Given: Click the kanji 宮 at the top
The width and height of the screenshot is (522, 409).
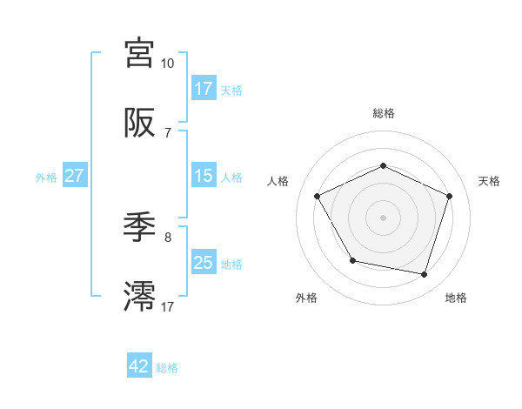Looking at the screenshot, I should click(140, 53).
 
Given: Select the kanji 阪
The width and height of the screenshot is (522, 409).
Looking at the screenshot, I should click(140, 124).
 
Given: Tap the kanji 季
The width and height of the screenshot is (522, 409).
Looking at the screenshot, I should click(140, 228).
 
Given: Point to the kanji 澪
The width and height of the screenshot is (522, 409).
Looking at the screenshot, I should click(140, 297).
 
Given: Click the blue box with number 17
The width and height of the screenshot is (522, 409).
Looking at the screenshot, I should click(204, 88).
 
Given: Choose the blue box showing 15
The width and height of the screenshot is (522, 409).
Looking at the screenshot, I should click(204, 176).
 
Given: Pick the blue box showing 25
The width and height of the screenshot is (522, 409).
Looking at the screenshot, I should click(204, 263).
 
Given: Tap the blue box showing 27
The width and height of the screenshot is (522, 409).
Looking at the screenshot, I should click(74, 176).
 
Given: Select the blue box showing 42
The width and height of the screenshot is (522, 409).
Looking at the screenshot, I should click(139, 367).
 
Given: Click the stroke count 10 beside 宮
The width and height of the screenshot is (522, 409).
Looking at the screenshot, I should click(168, 64).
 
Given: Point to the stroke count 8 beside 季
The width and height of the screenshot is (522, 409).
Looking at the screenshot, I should click(168, 237).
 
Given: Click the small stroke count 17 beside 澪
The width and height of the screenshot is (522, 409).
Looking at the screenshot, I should click(168, 306).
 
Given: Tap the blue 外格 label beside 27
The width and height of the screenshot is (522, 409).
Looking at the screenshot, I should click(46, 177).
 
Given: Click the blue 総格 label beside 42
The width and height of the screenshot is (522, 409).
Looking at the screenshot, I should click(167, 368).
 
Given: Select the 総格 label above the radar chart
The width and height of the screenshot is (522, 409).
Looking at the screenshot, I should click(383, 113).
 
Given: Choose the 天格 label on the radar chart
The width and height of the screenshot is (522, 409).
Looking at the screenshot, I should click(490, 181).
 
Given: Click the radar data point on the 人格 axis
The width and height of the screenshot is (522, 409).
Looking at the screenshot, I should click(318, 196).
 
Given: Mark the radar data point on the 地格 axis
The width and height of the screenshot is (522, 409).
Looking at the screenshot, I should click(424, 274).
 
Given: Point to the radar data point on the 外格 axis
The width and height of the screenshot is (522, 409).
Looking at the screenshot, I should click(352, 260).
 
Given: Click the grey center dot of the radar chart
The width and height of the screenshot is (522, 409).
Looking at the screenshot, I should click(383, 218).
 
